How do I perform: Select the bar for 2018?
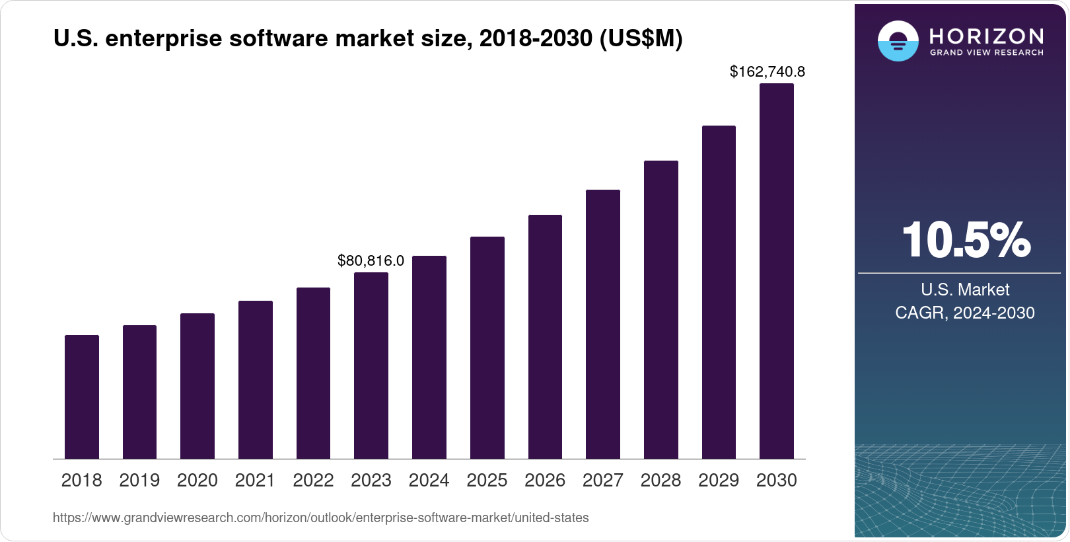tap(82, 397)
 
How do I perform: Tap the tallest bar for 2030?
tap(777, 271)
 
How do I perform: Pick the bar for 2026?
tap(545, 336)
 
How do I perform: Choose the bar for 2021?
tap(256, 379)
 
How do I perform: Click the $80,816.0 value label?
tap(371, 260)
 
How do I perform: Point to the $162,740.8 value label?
tap(767, 71)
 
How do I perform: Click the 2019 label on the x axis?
tap(139, 481)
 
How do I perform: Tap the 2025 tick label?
tap(487, 481)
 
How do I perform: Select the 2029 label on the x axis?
tap(719, 481)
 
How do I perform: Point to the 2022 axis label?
tap(313, 481)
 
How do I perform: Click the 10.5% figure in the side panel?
tap(965, 239)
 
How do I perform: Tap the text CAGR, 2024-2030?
tap(964, 313)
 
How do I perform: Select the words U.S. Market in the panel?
tap(964, 290)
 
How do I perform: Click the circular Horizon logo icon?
tap(898, 41)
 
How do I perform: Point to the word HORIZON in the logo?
tap(986, 36)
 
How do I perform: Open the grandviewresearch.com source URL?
tap(320, 518)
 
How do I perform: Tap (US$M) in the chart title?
tap(641, 38)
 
